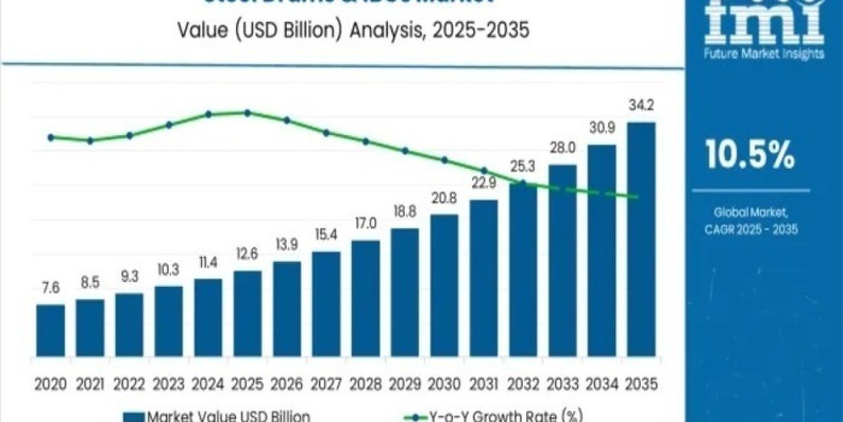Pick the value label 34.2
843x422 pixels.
tap(641, 108)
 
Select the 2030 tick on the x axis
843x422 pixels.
tap(444, 384)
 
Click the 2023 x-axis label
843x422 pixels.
tap(169, 384)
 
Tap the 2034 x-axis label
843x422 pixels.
tap(602, 384)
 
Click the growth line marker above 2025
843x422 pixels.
tap(247, 113)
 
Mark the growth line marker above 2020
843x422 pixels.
tap(51, 137)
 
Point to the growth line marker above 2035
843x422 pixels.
tap(636, 197)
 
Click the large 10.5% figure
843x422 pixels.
tap(750, 155)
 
